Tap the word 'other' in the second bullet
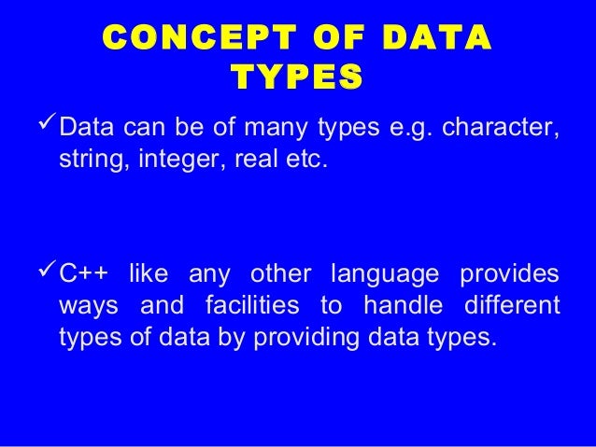(279, 275)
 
